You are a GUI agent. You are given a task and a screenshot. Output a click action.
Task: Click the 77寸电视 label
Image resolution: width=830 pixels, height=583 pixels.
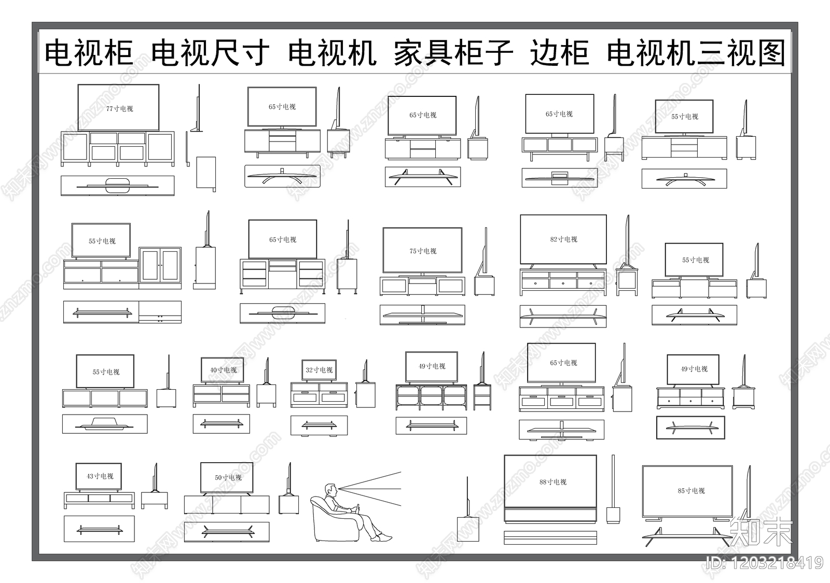click(x=119, y=109)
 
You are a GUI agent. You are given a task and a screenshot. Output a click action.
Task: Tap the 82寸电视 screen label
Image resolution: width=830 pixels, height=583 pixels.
click(x=563, y=239)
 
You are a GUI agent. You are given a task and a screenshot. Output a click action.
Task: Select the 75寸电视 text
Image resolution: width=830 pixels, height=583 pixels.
click(x=423, y=251)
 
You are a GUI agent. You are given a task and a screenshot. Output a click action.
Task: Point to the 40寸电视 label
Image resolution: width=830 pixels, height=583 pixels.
click(x=223, y=370)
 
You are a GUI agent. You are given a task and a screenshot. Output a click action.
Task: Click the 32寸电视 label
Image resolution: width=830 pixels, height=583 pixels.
click(x=319, y=370)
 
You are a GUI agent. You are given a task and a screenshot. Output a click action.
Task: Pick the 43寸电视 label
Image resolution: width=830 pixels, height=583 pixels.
click(x=100, y=476)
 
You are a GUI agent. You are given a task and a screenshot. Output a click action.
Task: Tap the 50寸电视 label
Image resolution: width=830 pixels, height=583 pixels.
click(x=228, y=478)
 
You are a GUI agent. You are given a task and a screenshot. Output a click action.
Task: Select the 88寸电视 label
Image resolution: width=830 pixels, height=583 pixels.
click(x=552, y=482)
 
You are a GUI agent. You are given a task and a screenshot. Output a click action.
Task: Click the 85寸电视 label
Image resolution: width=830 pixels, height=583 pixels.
click(x=691, y=491)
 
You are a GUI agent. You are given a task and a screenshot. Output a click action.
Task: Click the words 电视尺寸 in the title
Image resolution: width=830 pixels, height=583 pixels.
click(x=210, y=53)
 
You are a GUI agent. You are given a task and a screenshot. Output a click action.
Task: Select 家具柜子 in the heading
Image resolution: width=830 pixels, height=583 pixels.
click(x=453, y=53)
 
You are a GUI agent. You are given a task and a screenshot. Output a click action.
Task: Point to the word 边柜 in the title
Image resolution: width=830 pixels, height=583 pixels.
click(x=559, y=53)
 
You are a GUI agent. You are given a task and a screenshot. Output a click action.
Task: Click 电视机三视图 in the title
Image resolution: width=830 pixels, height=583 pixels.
click(x=696, y=53)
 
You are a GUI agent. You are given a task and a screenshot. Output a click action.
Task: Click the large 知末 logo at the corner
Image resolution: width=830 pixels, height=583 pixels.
click(x=760, y=531)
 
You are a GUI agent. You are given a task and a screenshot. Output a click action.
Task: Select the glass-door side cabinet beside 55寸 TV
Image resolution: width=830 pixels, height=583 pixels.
click(x=160, y=268)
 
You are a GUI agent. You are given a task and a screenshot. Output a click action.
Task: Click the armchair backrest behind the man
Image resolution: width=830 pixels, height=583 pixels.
click(x=319, y=513)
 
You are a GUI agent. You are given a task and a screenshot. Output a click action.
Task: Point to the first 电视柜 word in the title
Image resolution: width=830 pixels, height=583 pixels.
click(x=89, y=53)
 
